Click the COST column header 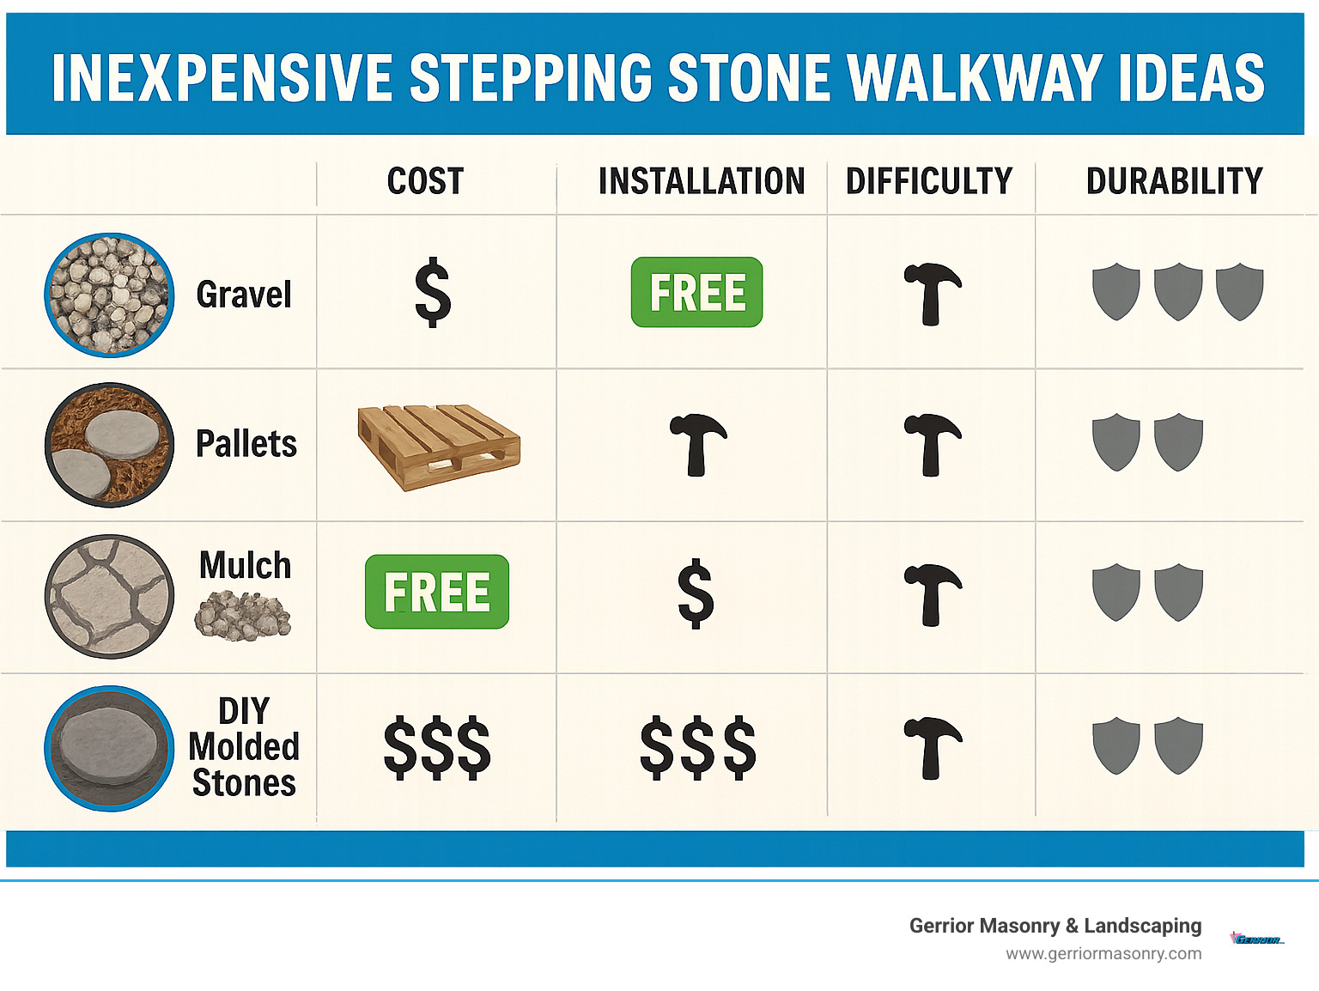tap(425, 181)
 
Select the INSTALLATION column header tap(702, 181)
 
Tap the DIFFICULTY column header tap(929, 181)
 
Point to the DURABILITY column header tap(1174, 181)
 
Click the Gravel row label tap(244, 295)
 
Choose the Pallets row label tap(246, 444)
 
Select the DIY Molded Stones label tap(244, 746)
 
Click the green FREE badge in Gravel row tap(696, 292)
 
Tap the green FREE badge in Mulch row tap(436, 592)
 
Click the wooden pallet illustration tap(439, 447)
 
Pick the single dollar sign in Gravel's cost tap(432, 292)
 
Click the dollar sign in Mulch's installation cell tap(695, 593)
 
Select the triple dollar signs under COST tap(436, 747)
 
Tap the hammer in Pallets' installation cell tap(697, 444)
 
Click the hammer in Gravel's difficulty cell tap(932, 294)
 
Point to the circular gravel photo tap(109, 295)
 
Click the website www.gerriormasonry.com tap(1103, 953)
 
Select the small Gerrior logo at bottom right tap(1257, 939)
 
